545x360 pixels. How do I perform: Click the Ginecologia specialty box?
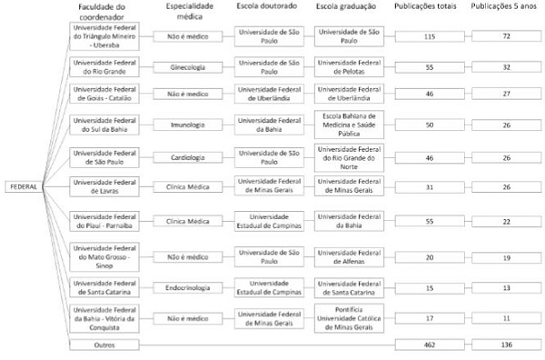pyautogui.click(x=188, y=68)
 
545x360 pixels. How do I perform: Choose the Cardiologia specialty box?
pyautogui.click(x=188, y=156)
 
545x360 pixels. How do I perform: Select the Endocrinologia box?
pyautogui.click(x=188, y=287)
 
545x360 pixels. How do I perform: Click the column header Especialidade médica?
pyautogui.click(x=188, y=11)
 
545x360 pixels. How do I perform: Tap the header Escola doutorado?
pyautogui.click(x=268, y=6)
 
